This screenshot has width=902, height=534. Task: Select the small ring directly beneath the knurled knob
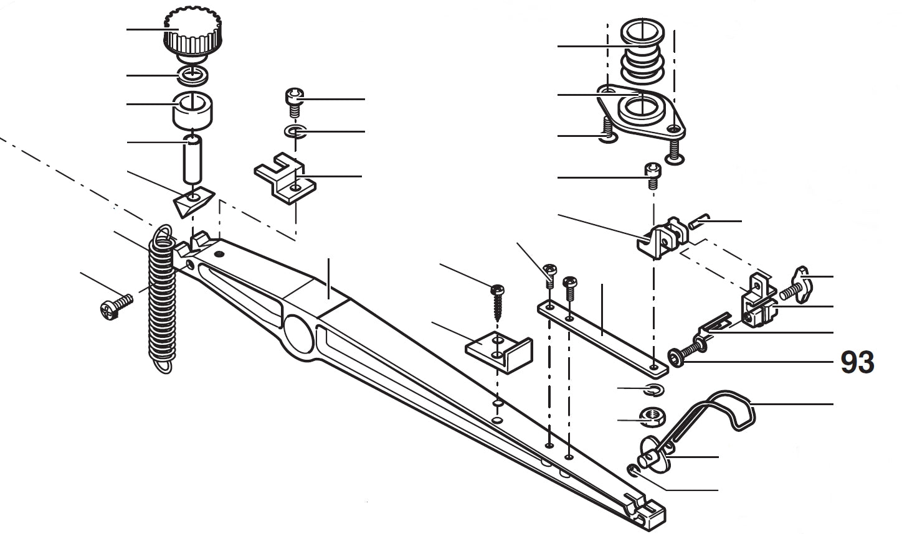(x=194, y=75)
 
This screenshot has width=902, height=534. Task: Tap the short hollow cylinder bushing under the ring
(x=193, y=109)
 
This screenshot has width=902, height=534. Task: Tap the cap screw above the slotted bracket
(x=293, y=101)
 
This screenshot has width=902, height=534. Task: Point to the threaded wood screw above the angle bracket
(x=497, y=300)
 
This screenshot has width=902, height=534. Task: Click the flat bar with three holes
(x=601, y=336)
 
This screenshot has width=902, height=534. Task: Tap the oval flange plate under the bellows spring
(x=642, y=112)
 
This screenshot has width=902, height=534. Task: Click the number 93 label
(x=857, y=362)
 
